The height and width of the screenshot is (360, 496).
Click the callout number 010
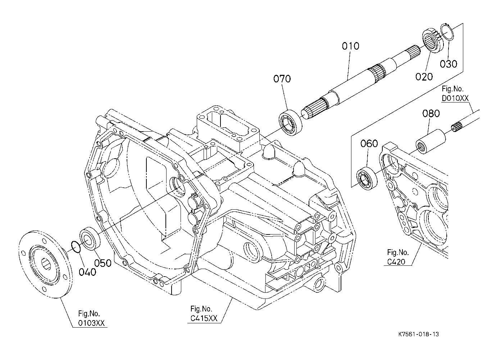click(x=351, y=46)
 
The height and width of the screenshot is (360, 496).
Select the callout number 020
click(x=424, y=77)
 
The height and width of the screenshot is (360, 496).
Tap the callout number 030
click(x=449, y=64)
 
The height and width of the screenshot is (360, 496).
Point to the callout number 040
click(x=87, y=272)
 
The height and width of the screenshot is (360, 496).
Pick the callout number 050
click(x=103, y=263)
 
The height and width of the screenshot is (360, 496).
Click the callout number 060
click(x=369, y=144)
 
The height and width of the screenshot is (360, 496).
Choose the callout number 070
click(x=282, y=79)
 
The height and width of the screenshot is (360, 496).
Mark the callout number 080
click(x=431, y=114)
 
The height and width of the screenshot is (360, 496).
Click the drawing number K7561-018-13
click(x=419, y=334)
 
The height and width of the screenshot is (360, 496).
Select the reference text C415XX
click(x=204, y=318)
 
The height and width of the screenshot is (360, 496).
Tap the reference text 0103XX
click(x=91, y=323)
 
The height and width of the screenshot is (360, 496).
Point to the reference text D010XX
click(x=455, y=98)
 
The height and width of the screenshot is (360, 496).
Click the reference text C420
click(x=396, y=262)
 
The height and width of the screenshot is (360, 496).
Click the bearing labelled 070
click(x=290, y=122)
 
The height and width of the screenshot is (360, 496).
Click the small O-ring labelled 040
click(x=76, y=247)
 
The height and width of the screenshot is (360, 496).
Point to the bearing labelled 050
click(x=90, y=238)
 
